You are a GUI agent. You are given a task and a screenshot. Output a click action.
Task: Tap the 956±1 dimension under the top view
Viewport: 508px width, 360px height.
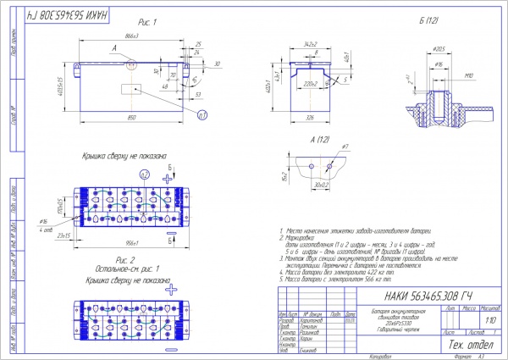pyautogui.click(x=130, y=241)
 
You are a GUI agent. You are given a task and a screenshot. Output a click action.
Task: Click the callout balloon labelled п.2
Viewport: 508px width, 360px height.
pyautogui.click(x=144, y=174)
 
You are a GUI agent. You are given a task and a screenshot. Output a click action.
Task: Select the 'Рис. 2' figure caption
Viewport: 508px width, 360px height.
pyautogui.click(x=124, y=259)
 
